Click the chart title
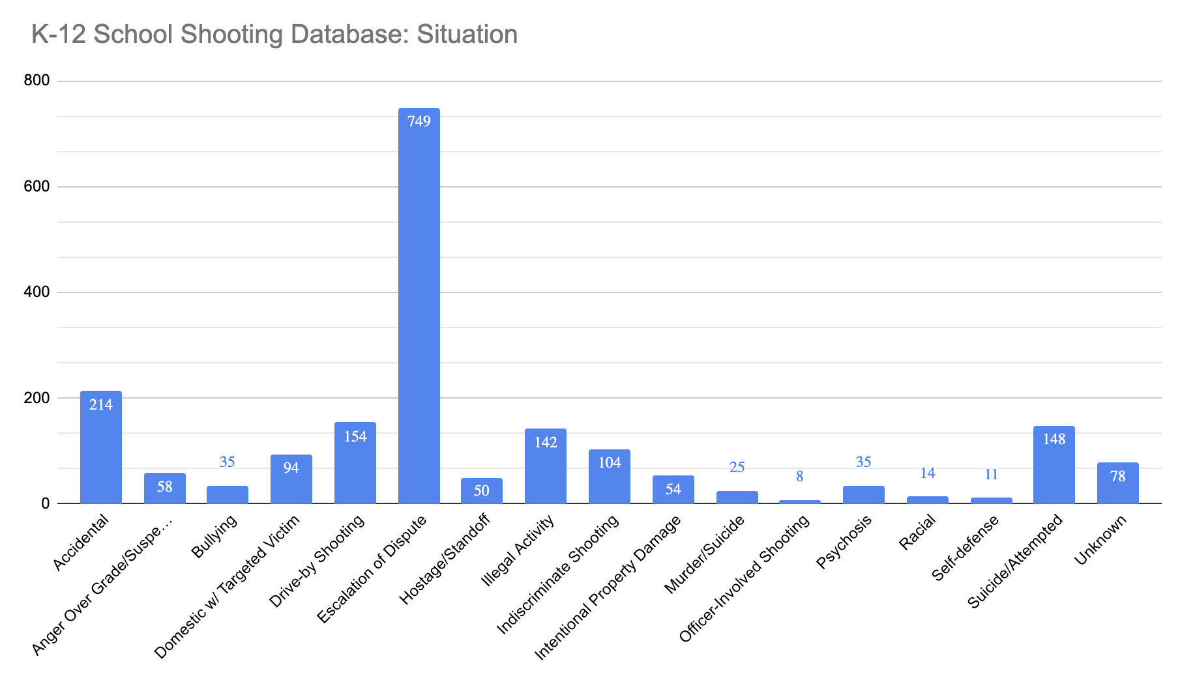(x=274, y=35)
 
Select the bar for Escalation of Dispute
(x=419, y=306)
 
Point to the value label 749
(x=419, y=121)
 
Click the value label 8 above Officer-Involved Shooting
(x=799, y=477)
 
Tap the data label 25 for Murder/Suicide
(x=737, y=468)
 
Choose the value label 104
(x=610, y=462)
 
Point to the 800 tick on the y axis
(x=37, y=81)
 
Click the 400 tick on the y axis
(x=37, y=292)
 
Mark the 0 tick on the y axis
(x=45, y=503)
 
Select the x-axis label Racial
(x=917, y=533)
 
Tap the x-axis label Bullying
(x=214, y=537)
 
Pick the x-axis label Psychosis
(x=844, y=542)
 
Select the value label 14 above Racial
(x=927, y=473)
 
